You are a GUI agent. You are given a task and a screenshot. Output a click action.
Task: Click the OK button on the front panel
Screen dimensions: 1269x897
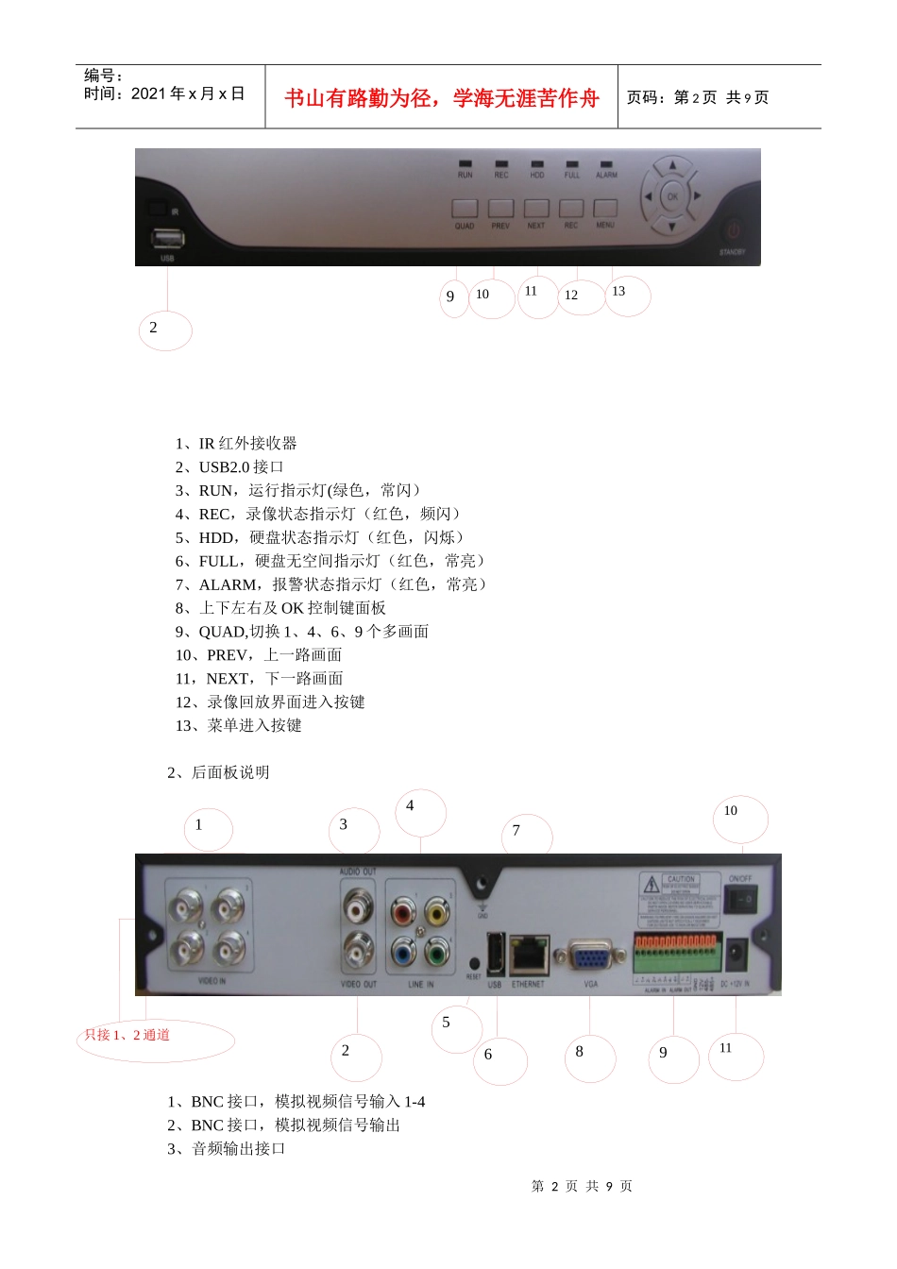(672, 196)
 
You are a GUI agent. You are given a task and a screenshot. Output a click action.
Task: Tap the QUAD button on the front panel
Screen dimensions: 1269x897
(465, 209)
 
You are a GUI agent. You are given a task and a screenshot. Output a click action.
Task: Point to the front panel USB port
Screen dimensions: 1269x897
(167, 237)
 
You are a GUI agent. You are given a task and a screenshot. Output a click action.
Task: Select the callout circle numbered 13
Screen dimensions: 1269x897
(627, 295)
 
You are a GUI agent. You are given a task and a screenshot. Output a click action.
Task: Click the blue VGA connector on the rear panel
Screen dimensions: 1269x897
(591, 959)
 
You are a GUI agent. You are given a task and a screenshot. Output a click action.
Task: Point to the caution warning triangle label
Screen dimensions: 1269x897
(652, 885)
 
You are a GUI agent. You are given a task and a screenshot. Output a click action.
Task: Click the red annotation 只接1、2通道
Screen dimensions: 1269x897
(127, 1035)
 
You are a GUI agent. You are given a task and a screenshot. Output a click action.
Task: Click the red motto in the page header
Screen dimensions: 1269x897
(442, 98)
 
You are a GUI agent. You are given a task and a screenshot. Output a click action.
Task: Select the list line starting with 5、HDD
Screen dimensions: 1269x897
(321, 537)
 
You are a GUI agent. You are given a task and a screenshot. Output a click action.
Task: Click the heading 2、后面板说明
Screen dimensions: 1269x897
(218, 772)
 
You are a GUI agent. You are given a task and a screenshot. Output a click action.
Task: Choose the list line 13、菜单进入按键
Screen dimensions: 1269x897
(239, 725)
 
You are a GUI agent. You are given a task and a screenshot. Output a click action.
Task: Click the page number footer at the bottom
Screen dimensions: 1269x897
(582, 1186)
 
